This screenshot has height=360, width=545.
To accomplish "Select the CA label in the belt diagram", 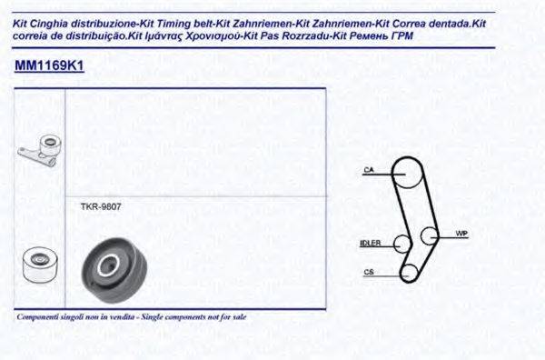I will tap(369, 170).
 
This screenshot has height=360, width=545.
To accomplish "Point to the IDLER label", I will tap(370, 243).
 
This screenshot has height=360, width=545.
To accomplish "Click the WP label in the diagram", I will tap(461, 234).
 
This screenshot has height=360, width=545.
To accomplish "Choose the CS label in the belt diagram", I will tap(369, 271).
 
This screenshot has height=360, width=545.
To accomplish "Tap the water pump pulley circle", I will tap(430, 235).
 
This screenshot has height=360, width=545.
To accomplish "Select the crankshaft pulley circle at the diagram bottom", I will tap(410, 272).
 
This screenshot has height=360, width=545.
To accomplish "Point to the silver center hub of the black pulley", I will tap(107, 265).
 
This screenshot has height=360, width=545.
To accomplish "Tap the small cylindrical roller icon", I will tap(38, 265).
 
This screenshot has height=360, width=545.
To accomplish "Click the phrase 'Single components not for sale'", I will tap(193, 317).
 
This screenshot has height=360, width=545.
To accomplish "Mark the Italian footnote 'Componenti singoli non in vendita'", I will tap(75, 317).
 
